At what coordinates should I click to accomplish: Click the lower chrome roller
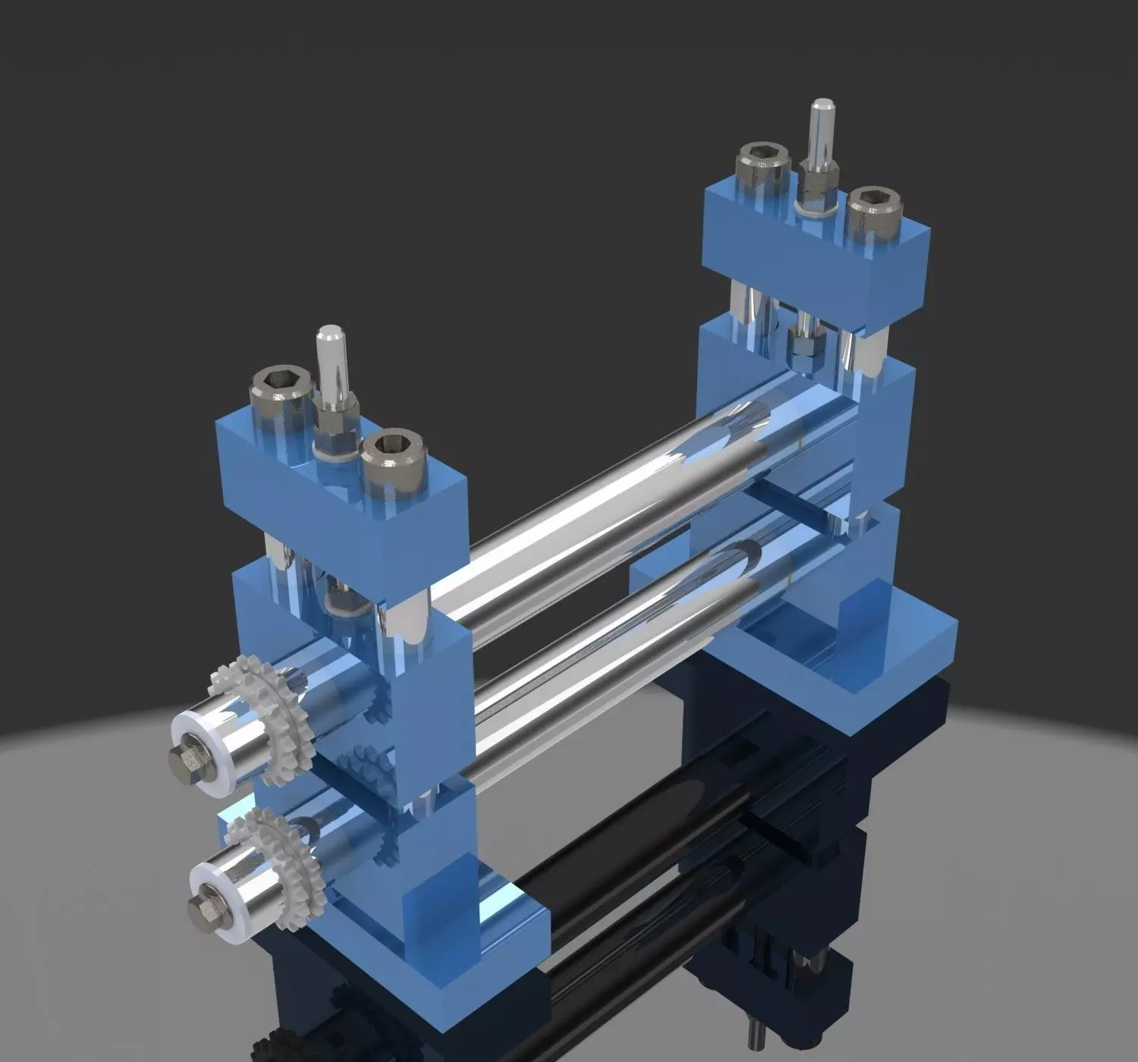coord(607,645)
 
